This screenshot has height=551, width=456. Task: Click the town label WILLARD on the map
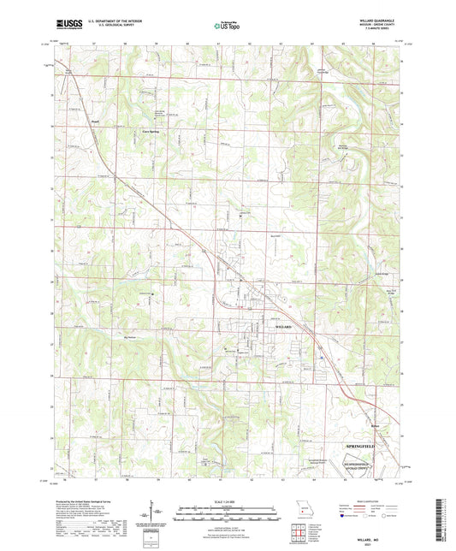283,328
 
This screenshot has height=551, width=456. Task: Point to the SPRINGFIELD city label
370,447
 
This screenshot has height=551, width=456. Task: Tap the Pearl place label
96,122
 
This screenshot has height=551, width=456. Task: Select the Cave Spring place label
151,131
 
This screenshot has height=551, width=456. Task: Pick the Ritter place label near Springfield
374,425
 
